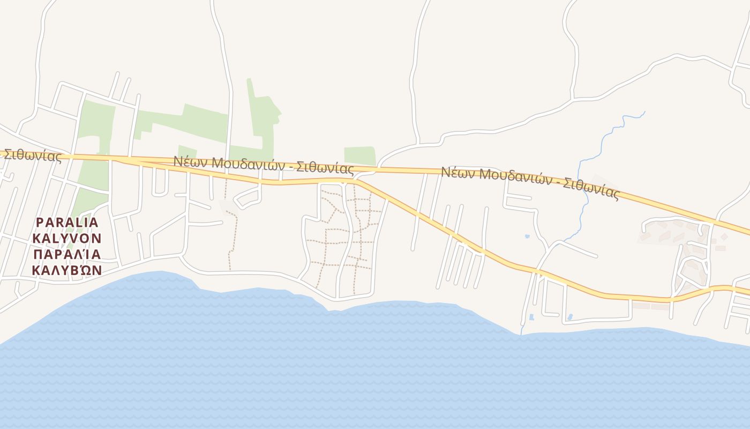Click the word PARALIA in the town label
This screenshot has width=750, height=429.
tap(67, 223)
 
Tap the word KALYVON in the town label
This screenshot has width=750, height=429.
tap(67, 238)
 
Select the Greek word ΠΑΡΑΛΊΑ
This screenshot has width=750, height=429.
tap(67, 254)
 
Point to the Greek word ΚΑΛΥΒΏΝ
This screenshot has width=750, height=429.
tap(67, 270)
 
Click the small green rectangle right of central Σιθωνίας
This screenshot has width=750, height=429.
tap(359, 155)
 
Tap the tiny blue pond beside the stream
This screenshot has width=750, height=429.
tap(527, 236)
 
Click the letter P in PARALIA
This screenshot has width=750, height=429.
tap(39, 223)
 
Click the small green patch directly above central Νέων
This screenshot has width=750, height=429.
tap(187, 151)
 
